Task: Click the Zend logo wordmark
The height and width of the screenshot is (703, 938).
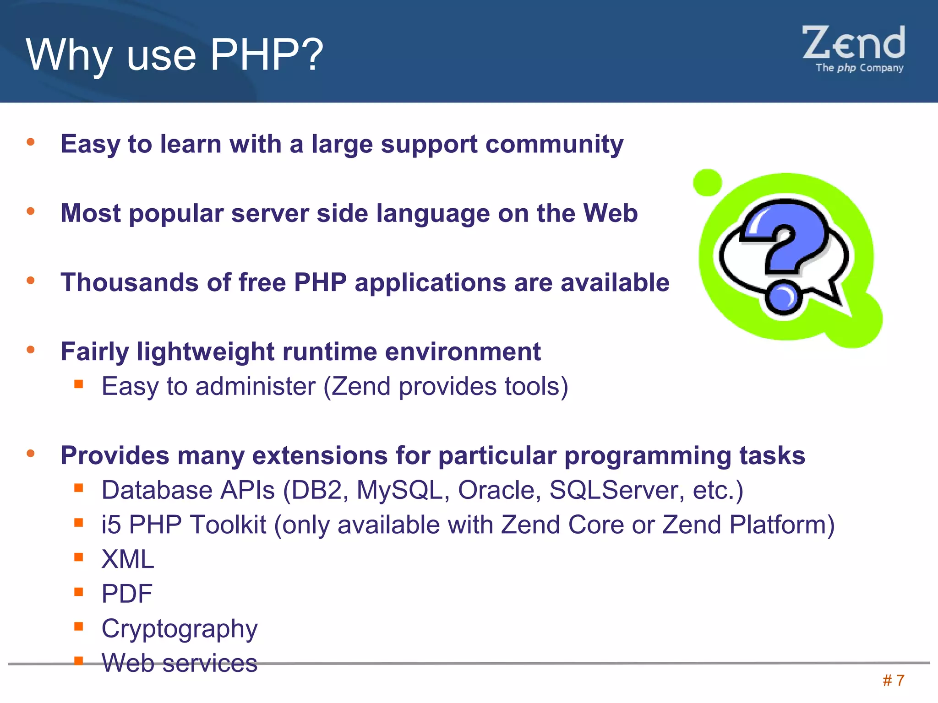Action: click(854, 43)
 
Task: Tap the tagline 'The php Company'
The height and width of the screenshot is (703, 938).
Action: click(859, 68)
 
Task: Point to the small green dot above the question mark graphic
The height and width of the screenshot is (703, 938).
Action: click(708, 183)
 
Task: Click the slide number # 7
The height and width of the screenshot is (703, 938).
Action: click(893, 681)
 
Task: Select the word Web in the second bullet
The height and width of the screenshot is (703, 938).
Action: click(610, 213)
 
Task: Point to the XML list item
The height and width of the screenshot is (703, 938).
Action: click(128, 559)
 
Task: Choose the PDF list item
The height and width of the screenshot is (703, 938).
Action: click(127, 594)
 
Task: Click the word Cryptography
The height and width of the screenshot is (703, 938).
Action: click(180, 629)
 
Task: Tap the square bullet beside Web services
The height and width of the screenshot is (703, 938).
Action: click(79, 660)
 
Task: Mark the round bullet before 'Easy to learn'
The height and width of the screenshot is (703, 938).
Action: click(31, 142)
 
